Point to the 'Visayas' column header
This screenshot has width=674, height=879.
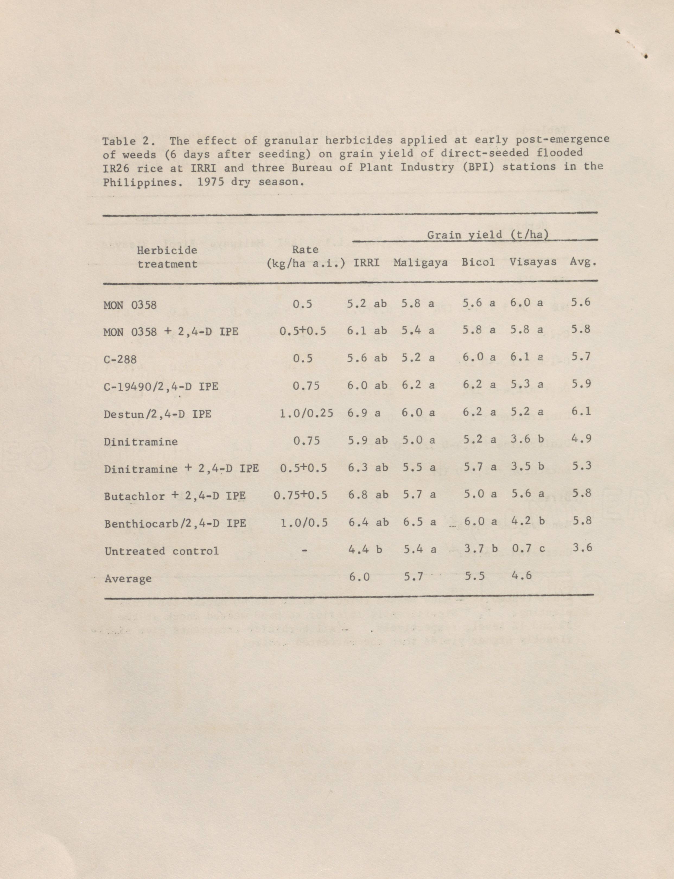coord(533,262)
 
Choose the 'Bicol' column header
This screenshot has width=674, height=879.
coord(478,262)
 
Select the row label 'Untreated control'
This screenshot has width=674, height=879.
coord(162,551)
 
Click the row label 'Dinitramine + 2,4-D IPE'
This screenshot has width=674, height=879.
coord(181,469)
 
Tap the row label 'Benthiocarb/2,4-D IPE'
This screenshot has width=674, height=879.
coord(175,523)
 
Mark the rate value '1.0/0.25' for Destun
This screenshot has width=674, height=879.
coord(306,413)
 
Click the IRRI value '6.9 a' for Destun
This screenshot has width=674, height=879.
coord(364,412)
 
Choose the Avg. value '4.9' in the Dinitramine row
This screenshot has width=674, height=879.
coord(581,439)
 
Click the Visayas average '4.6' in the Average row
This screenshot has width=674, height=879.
coord(521,576)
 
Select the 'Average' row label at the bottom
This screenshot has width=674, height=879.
coord(128,579)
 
